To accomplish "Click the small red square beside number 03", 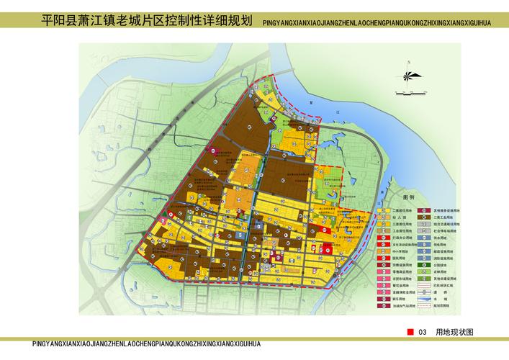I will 410,331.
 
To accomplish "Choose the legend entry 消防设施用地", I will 440,258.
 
